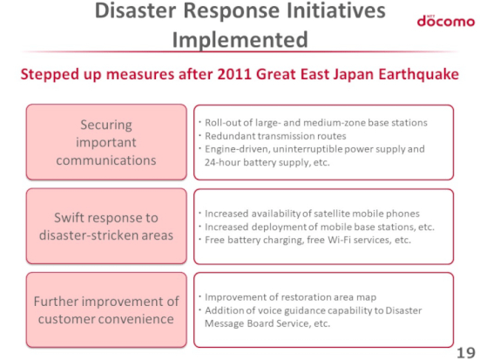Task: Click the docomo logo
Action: (446, 21)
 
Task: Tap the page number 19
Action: (466, 352)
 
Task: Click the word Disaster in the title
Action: (136, 10)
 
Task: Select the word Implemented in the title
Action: (240, 40)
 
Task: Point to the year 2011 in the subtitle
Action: (234, 74)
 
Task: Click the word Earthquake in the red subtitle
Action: (418, 74)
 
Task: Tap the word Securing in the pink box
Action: (106, 125)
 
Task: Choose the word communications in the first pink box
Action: (106, 160)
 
